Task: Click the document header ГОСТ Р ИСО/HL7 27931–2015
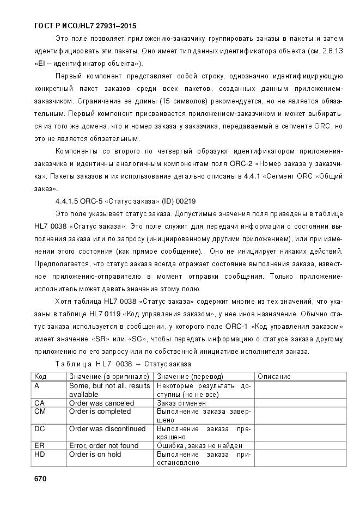(85, 26)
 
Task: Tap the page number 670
(40, 479)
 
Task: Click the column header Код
(40, 376)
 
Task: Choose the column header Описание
(274, 376)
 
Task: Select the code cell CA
(39, 403)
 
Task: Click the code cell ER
(39, 445)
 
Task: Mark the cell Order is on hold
(95, 454)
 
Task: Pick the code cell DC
(39, 428)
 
